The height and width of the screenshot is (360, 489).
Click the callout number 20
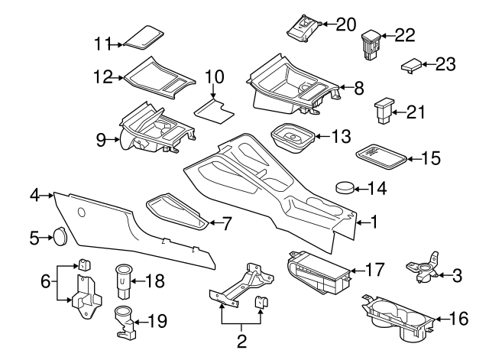coord(346,24)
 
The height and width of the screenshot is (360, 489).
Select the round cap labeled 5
coord(57,238)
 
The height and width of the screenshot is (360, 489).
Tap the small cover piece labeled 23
coord(411,66)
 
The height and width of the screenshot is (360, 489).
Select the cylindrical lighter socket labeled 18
coord(122,279)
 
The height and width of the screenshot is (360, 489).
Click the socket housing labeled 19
coord(123,321)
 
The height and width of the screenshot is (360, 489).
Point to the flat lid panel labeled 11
coord(145,37)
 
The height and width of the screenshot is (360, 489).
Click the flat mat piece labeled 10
coord(213,107)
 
